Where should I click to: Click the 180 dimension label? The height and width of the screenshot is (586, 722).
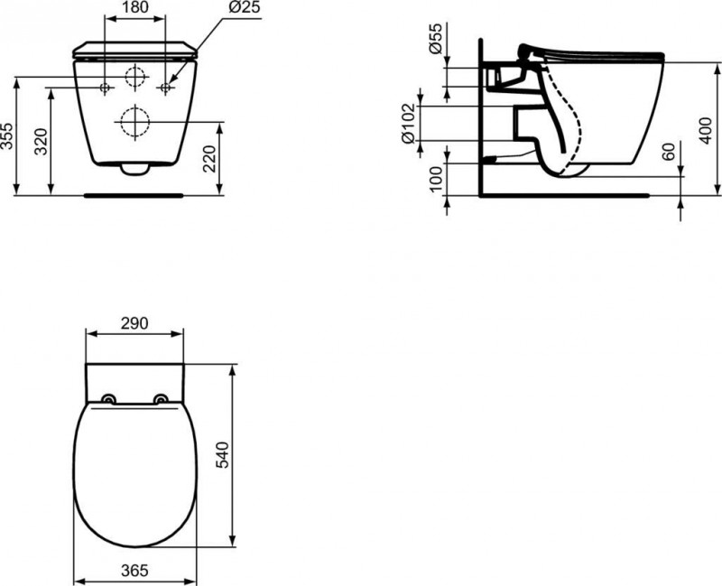pos(134,7)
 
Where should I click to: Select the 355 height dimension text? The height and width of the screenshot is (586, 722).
pos(8,136)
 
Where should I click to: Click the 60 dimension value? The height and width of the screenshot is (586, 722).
pos(669,152)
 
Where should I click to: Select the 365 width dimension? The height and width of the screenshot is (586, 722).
pos(134,571)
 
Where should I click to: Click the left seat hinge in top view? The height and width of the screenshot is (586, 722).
pos(109,400)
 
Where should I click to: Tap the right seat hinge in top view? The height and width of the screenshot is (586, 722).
pos(161,400)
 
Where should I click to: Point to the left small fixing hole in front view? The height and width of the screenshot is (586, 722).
pos(105,88)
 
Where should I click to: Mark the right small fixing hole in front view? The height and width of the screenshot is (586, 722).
pos(165,88)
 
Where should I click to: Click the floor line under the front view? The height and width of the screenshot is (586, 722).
pos(134,192)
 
